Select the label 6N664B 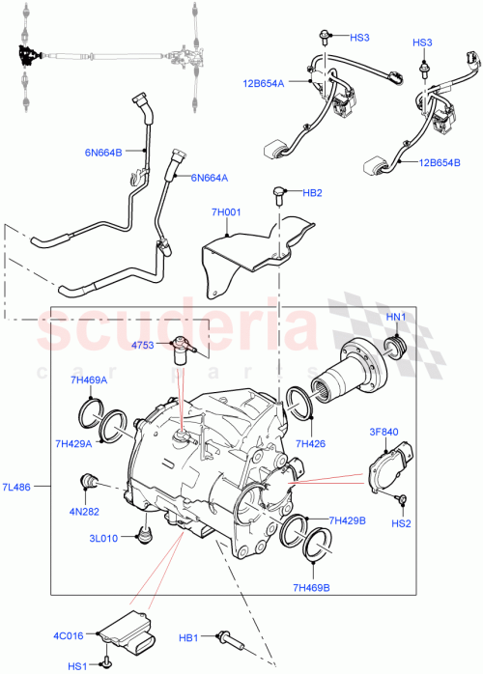click(x=103, y=152)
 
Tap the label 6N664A click(x=210, y=177)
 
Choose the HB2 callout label click(x=314, y=193)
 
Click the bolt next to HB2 click(x=279, y=194)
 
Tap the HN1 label click(x=397, y=317)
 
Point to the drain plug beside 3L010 click(x=147, y=533)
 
